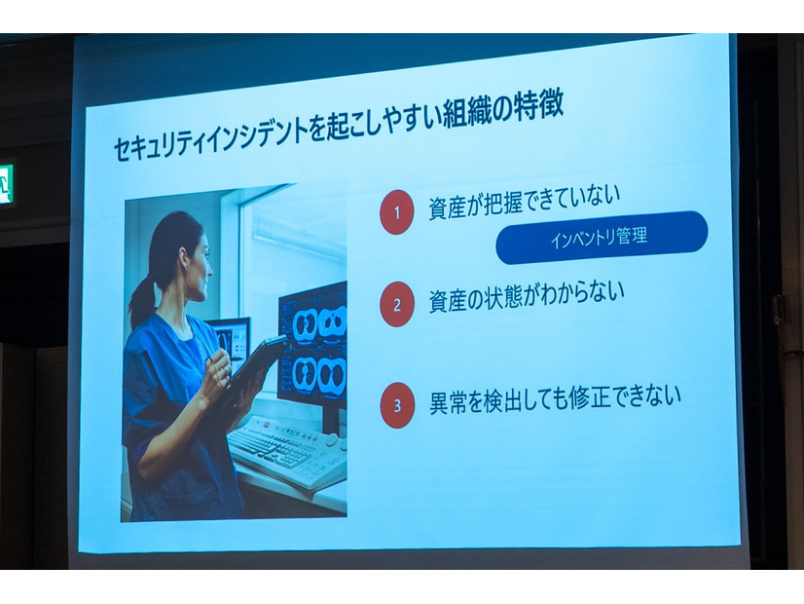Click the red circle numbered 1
pyautogui.click(x=396, y=211)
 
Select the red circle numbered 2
pyautogui.click(x=396, y=304)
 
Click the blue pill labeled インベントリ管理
pyautogui.click(x=601, y=237)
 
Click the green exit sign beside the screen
pyautogui.click(x=6, y=184)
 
